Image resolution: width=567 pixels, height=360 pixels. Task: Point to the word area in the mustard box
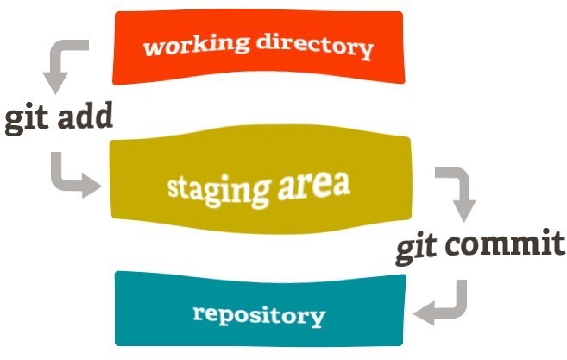pos(314,184)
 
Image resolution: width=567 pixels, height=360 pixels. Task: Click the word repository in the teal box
pos(259,314)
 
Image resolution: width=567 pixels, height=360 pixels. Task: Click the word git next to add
pos(25,118)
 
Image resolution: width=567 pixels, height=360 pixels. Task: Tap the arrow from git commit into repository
pos(444,302)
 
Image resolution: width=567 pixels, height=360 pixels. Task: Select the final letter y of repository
pos(318,319)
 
